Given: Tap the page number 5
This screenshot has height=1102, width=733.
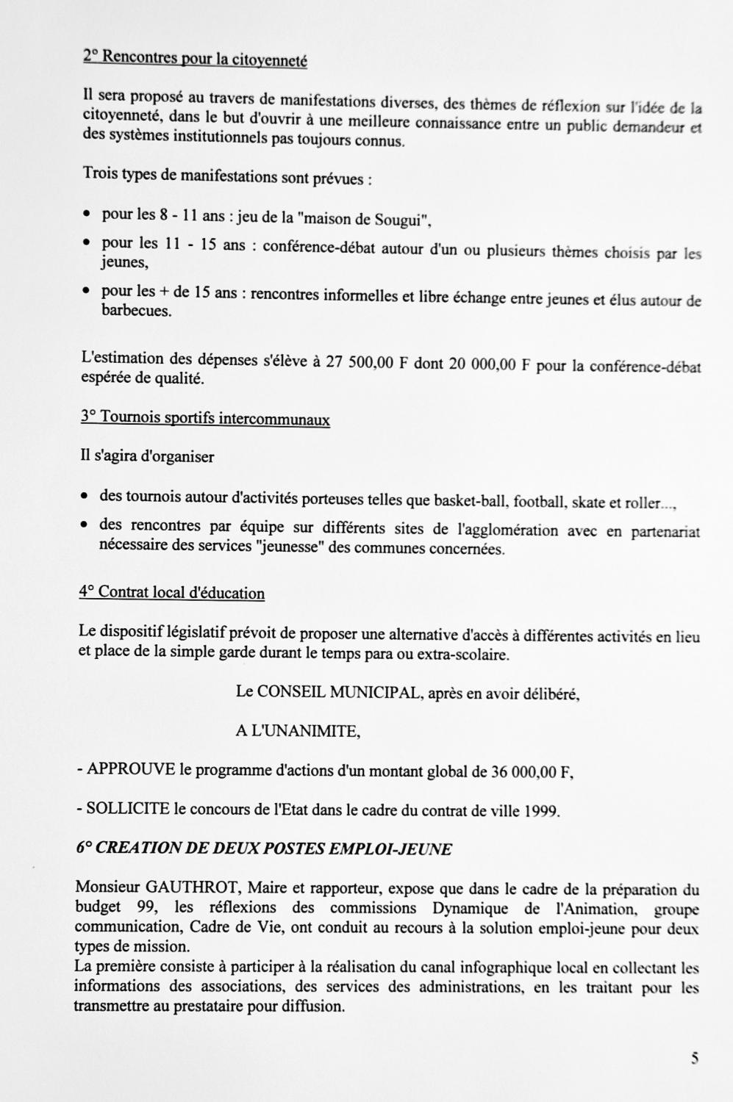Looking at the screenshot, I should click(x=695, y=1059).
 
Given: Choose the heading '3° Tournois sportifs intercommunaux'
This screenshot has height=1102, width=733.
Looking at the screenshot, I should click(x=205, y=419).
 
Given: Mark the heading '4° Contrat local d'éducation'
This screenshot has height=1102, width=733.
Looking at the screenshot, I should click(x=172, y=592).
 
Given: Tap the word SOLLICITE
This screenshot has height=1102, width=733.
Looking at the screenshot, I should click(x=128, y=810).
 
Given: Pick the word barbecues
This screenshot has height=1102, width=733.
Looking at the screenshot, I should click(x=137, y=311).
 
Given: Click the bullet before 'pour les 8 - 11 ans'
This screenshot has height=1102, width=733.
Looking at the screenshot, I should click(x=87, y=215).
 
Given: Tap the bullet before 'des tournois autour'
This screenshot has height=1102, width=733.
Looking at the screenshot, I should click(x=85, y=497).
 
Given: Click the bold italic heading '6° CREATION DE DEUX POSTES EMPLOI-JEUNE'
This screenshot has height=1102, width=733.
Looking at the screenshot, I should click(x=264, y=849).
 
